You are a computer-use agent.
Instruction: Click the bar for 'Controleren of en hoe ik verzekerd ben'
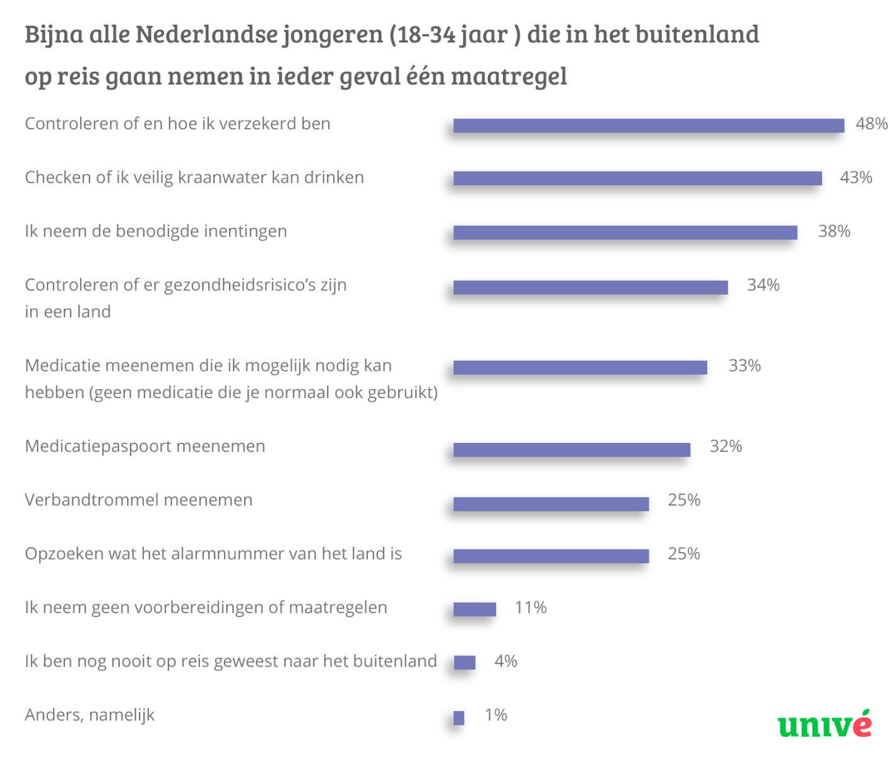[649, 126]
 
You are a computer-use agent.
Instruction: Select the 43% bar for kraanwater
[637, 179]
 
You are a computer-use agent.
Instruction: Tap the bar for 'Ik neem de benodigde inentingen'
[625, 233]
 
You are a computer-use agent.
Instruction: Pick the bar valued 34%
[591, 287]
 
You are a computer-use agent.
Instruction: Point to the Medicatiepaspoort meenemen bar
[572, 449]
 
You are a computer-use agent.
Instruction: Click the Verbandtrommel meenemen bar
[551, 503]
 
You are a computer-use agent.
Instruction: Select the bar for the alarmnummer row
[551, 556]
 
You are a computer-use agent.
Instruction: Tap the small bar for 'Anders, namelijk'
[459, 717]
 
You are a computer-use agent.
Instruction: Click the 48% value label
[871, 124]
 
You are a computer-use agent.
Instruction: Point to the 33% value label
[745, 366]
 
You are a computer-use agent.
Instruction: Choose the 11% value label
[531, 607]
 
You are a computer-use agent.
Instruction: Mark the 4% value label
[505, 661]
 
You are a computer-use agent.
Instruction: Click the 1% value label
[496, 715]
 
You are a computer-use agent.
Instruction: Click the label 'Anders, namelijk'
[90, 715]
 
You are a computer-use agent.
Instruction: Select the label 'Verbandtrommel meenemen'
[139, 500]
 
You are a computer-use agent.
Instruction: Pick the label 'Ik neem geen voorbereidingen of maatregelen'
[206, 607]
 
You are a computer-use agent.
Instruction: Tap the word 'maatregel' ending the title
[509, 76]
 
